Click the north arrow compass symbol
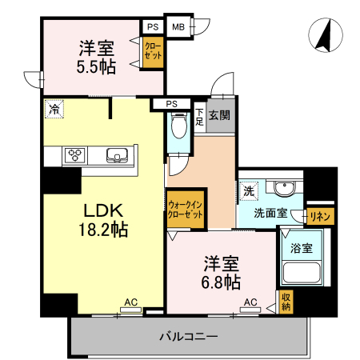click(x=326, y=35)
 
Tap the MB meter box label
click(x=178, y=27)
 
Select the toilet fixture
click(x=178, y=125)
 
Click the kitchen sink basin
click(x=117, y=155)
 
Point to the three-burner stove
click(x=75, y=155)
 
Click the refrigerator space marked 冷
click(x=54, y=109)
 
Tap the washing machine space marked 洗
click(x=249, y=191)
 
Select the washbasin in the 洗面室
click(x=285, y=188)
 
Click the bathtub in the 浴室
click(x=302, y=273)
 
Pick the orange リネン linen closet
click(x=320, y=216)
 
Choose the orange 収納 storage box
click(x=286, y=302)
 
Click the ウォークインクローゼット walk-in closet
click(x=186, y=209)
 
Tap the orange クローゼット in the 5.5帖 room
click(x=153, y=52)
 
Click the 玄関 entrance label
click(x=219, y=115)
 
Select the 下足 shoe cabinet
click(x=199, y=118)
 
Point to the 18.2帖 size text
click(x=103, y=229)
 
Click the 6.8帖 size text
click(x=221, y=282)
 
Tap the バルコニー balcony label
click(x=189, y=336)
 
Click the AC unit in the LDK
click(x=130, y=310)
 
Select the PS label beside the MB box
click(x=153, y=27)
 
